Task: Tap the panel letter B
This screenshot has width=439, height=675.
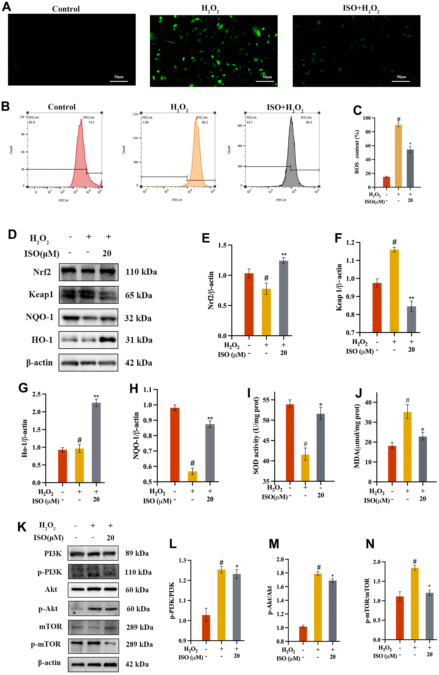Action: [x=6, y=107]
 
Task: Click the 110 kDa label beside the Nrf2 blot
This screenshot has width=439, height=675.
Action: [x=141, y=272]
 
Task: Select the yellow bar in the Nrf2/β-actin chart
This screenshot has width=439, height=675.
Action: [x=266, y=312]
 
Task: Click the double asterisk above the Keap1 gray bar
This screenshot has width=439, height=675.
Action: [x=411, y=298]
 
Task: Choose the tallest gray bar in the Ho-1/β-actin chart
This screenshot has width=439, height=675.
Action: [x=96, y=442]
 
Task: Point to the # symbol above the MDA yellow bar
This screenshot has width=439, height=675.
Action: [x=407, y=401]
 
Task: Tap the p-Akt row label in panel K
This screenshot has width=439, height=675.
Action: [x=48, y=609]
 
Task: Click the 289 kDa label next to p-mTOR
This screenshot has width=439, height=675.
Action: [x=139, y=644]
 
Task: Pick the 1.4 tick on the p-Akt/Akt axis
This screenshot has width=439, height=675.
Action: [x=280, y=600]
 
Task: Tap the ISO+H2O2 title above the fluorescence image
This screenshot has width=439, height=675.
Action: [x=361, y=9]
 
